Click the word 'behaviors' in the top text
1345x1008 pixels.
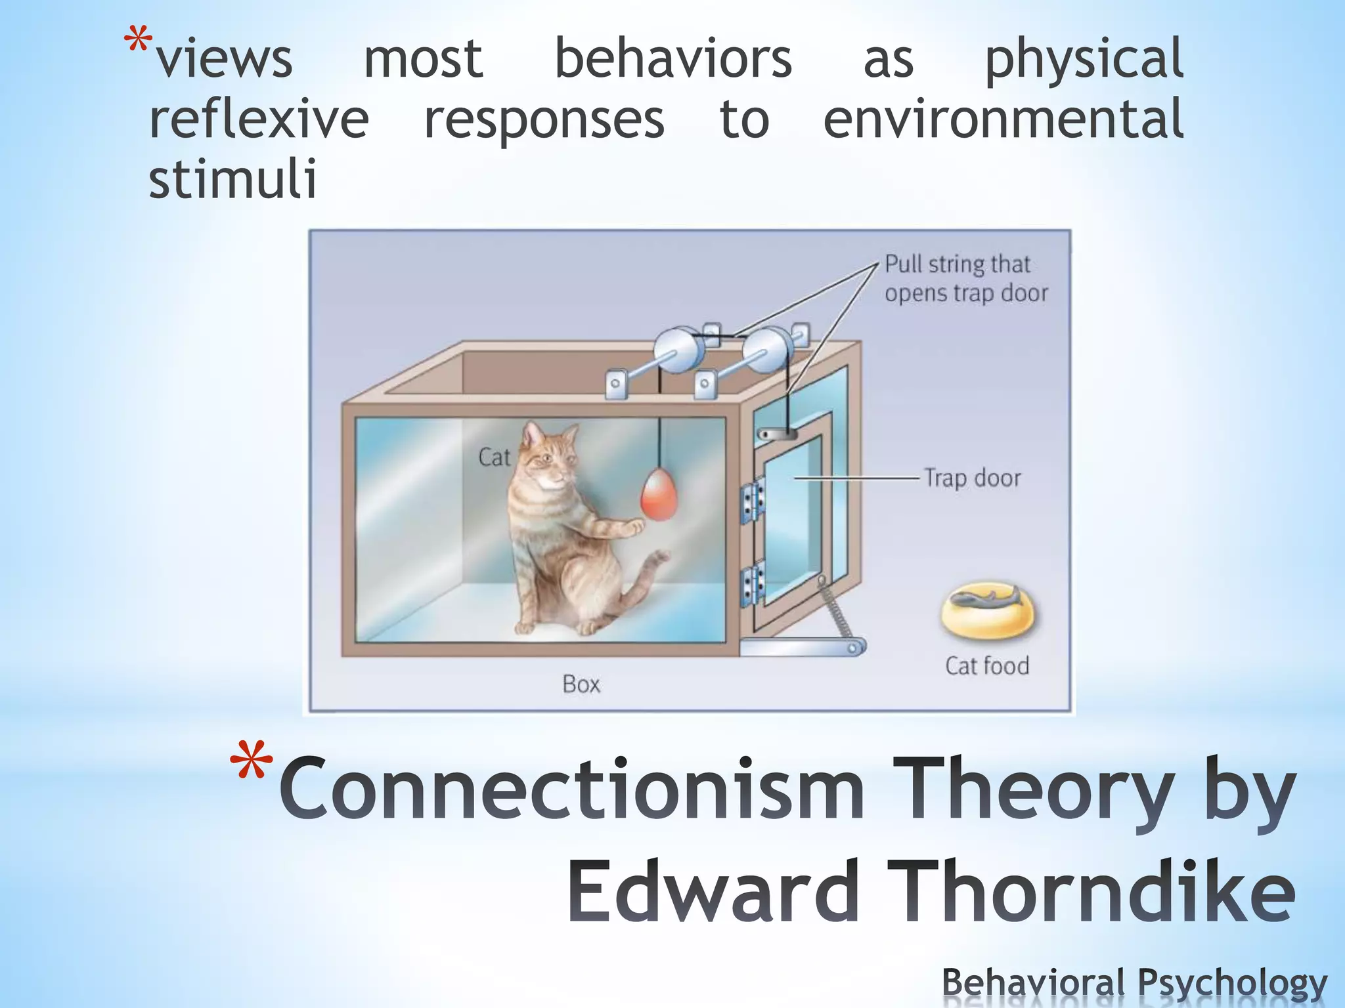coord(673,59)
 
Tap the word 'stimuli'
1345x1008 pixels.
coord(233,178)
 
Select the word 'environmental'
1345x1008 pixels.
coord(1003,119)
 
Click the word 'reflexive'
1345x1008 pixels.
coord(259,119)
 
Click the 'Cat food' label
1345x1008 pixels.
coord(986,665)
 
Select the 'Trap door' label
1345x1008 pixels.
coord(972,478)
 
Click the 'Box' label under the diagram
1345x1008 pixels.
coord(581,684)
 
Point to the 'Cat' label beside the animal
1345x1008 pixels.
coord(494,457)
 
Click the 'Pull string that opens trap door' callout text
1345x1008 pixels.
coord(965,278)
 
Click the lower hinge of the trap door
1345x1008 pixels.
coord(753,583)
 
